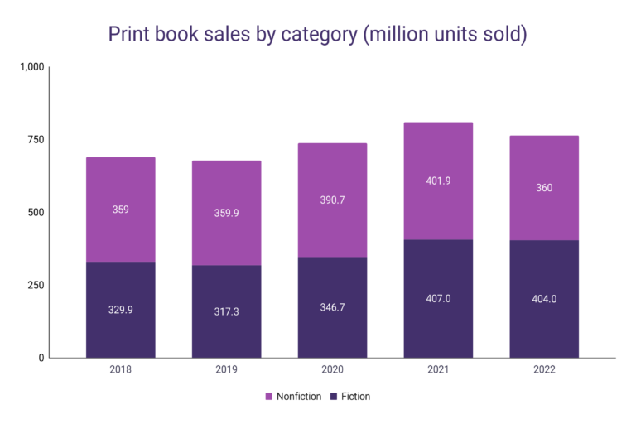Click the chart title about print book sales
click(x=318, y=35)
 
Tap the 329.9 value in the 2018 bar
click(x=120, y=311)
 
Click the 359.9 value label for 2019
click(x=226, y=213)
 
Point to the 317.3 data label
click(x=226, y=312)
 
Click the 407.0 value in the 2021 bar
click(x=438, y=299)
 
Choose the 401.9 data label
click(x=438, y=181)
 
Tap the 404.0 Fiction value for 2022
click(x=544, y=299)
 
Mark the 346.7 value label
click(x=332, y=307)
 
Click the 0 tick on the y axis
click(x=41, y=358)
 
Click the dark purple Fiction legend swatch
click(x=334, y=397)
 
